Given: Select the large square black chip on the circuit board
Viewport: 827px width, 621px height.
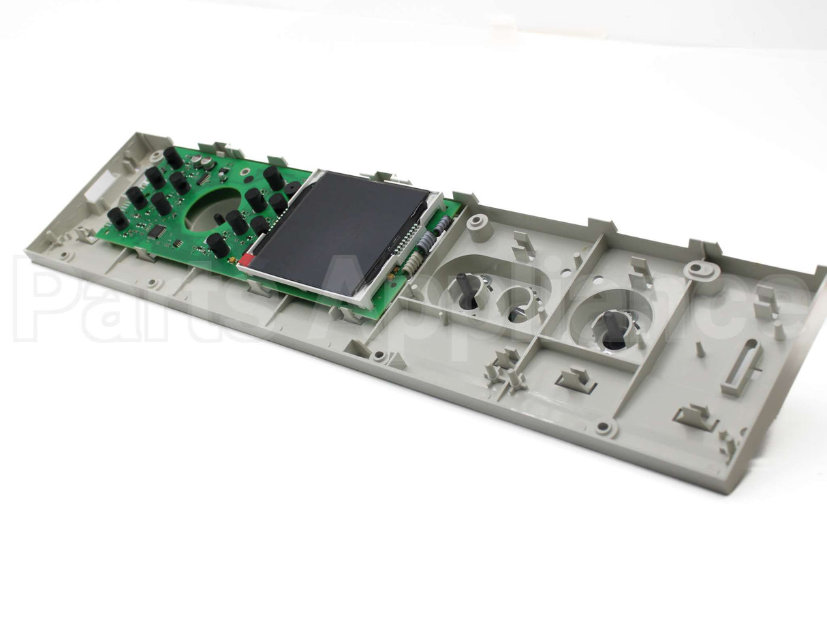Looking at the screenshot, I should [156, 232].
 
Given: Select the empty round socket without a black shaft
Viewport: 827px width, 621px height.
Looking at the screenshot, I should [516, 307].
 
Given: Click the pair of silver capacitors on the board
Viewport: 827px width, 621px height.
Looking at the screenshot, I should [200, 162].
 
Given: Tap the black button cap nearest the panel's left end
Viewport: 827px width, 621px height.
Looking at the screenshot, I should [117, 218].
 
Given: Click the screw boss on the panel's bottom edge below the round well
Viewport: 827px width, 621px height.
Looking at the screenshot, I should [604, 428].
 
